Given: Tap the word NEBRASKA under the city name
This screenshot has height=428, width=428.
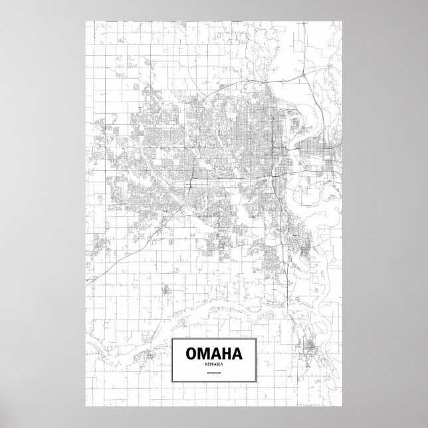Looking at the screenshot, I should point(213,364).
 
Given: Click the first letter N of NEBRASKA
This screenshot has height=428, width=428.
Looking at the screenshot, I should point(204,364).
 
